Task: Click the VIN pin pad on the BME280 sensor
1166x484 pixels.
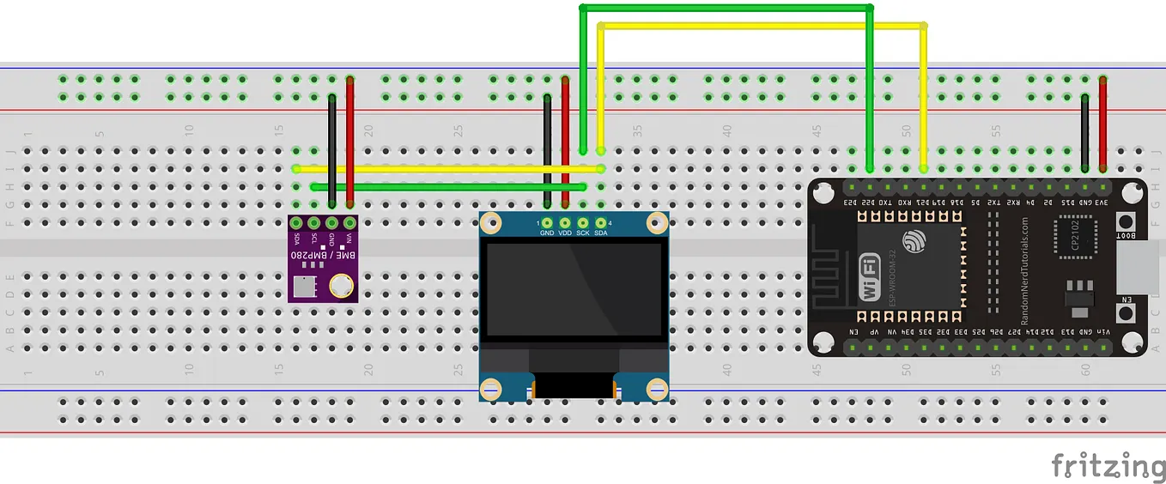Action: coord(349,223)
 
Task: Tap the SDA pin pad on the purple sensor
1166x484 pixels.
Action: coord(297,223)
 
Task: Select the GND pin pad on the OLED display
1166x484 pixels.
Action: coord(547,223)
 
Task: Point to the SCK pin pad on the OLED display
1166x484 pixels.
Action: coord(582,223)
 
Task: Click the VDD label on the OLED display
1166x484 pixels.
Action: coord(565,233)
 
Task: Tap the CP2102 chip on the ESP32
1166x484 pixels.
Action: coord(1075,237)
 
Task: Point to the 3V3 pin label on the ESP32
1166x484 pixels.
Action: coord(1102,203)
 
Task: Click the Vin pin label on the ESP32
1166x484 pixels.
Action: coord(1102,332)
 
